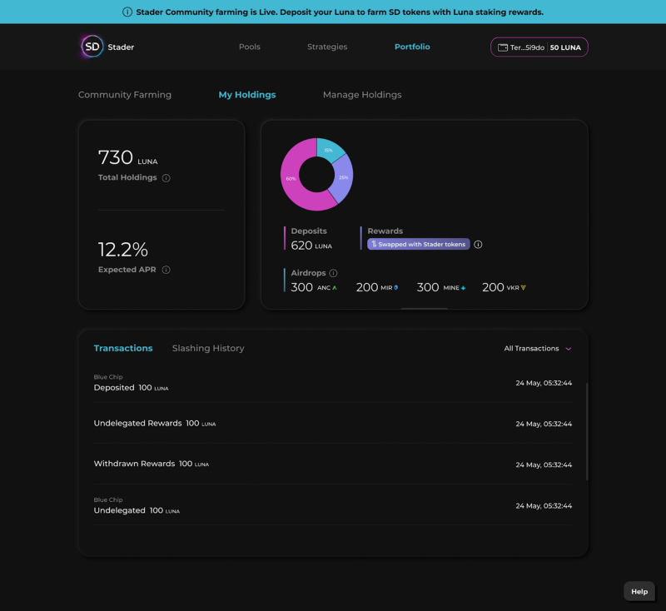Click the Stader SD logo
point(93,47)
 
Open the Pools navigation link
point(250,47)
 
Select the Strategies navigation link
point(327,47)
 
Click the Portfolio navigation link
point(412,47)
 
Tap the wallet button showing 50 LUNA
point(539,47)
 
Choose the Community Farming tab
point(125,95)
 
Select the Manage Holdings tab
point(362,95)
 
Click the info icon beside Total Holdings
point(166,178)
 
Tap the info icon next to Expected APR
point(166,270)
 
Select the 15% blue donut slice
point(329,150)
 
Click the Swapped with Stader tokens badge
point(419,244)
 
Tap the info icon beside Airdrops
point(333,273)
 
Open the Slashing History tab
point(208,348)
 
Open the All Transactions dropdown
point(538,348)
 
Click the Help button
point(639,591)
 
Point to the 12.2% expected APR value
point(123,250)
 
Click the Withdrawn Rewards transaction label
point(134,464)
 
